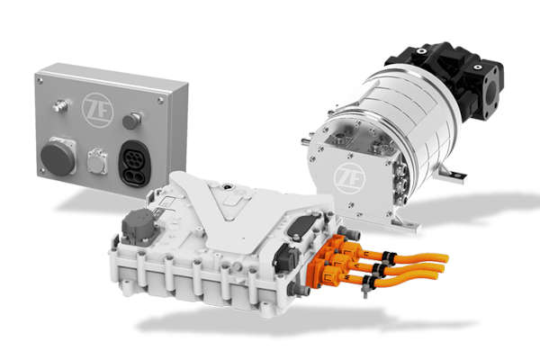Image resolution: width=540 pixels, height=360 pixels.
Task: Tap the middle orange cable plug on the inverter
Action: point(334,258)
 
